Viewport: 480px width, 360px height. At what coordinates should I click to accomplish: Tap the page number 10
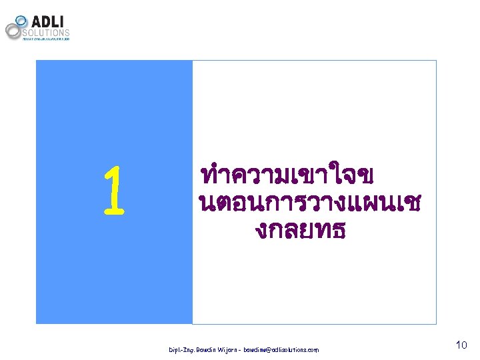click(461, 345)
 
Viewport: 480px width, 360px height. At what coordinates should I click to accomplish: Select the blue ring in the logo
click(21, 21)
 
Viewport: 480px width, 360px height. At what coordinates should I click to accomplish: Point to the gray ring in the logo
click(13, 31)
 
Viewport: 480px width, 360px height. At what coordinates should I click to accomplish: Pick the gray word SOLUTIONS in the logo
click(46, 32)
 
